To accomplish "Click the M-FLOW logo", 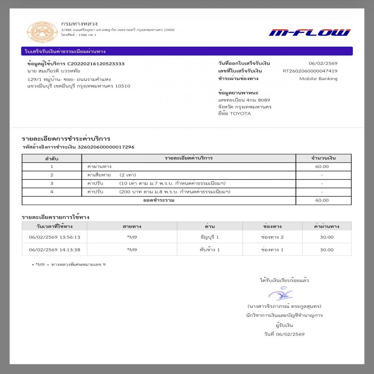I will (309, 33).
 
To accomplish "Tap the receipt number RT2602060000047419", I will (310, 71).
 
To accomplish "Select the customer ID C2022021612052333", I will (96, 64).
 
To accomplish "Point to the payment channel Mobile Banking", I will (318, 79).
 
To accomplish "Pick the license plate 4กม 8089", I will (257, 100).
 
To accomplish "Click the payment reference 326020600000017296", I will (106, 147).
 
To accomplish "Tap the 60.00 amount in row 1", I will (322, 166).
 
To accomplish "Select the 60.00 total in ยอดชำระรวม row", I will (322, 200).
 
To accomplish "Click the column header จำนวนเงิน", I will (324, 158).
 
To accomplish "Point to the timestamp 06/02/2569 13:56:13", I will (55, 237).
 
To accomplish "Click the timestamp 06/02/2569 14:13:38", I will (55, 249).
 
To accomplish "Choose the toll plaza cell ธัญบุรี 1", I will (209, 237).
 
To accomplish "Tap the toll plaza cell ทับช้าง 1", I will (209, 249).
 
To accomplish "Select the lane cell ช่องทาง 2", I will (272, 237).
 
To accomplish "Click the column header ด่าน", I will (209, 226).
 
